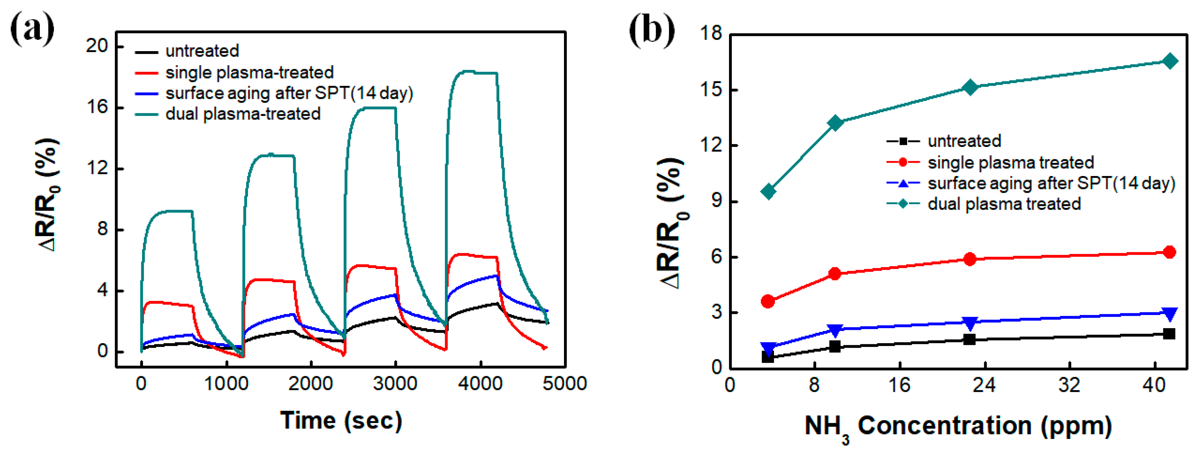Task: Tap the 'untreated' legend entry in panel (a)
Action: tap(201, 51)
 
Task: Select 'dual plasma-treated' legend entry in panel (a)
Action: tap(243, 114)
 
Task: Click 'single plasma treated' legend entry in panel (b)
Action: tap(1010, 162)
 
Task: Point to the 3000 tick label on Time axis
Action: tap(395, 384)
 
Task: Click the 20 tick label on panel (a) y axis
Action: tap(96, 46)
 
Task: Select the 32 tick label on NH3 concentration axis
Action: tap(1069, 385)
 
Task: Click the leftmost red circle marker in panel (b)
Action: tap(768, 301)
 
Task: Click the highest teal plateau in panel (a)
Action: tap(472, 72)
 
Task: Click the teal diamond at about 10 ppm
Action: tap(835, 123)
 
